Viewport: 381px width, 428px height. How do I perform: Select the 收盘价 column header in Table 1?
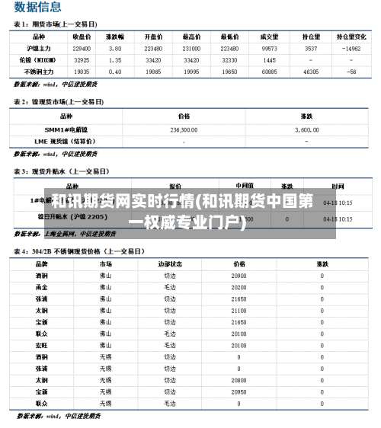click(82, 36)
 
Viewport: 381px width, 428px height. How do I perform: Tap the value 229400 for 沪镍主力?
click(82, 48)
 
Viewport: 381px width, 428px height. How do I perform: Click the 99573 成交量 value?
click(269, 48)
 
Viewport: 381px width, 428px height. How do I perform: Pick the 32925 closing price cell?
click(82, 59)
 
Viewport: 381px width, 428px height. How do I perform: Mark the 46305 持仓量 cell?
click(311, 72)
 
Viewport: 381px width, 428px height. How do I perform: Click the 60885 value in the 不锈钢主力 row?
click(269, 72)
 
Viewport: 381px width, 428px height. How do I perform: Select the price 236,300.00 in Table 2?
click(184, 129)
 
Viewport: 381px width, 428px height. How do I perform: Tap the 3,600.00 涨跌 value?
click(307, 129)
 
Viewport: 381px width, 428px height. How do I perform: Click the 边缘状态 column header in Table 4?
click(169, 264)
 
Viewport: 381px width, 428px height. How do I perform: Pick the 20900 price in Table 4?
click(239, 276)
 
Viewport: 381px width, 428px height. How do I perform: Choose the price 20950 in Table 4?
click(239, 391)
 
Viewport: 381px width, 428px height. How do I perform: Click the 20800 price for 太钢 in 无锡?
click(239, 380)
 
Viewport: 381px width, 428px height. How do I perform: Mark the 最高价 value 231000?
click(192, 48)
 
